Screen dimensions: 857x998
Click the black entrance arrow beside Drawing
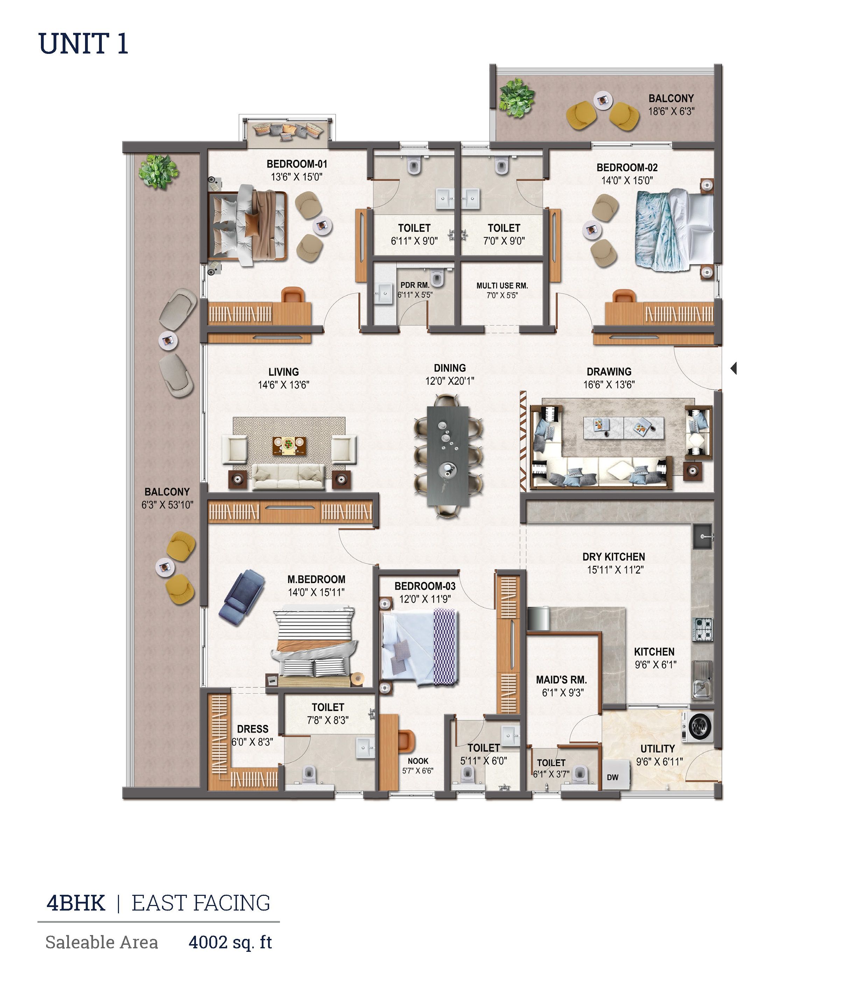click(734, 368)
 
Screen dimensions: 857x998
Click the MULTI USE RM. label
click(502, 286)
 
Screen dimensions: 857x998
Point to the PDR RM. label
click(415, 285)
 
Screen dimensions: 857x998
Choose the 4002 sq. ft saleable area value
click(230, 942)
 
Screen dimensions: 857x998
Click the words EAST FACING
click(201, 903)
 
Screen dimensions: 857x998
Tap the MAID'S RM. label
click(561, 680)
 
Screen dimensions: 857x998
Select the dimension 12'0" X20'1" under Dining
click(449, 381)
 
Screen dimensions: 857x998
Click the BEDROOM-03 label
click(425, 586)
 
